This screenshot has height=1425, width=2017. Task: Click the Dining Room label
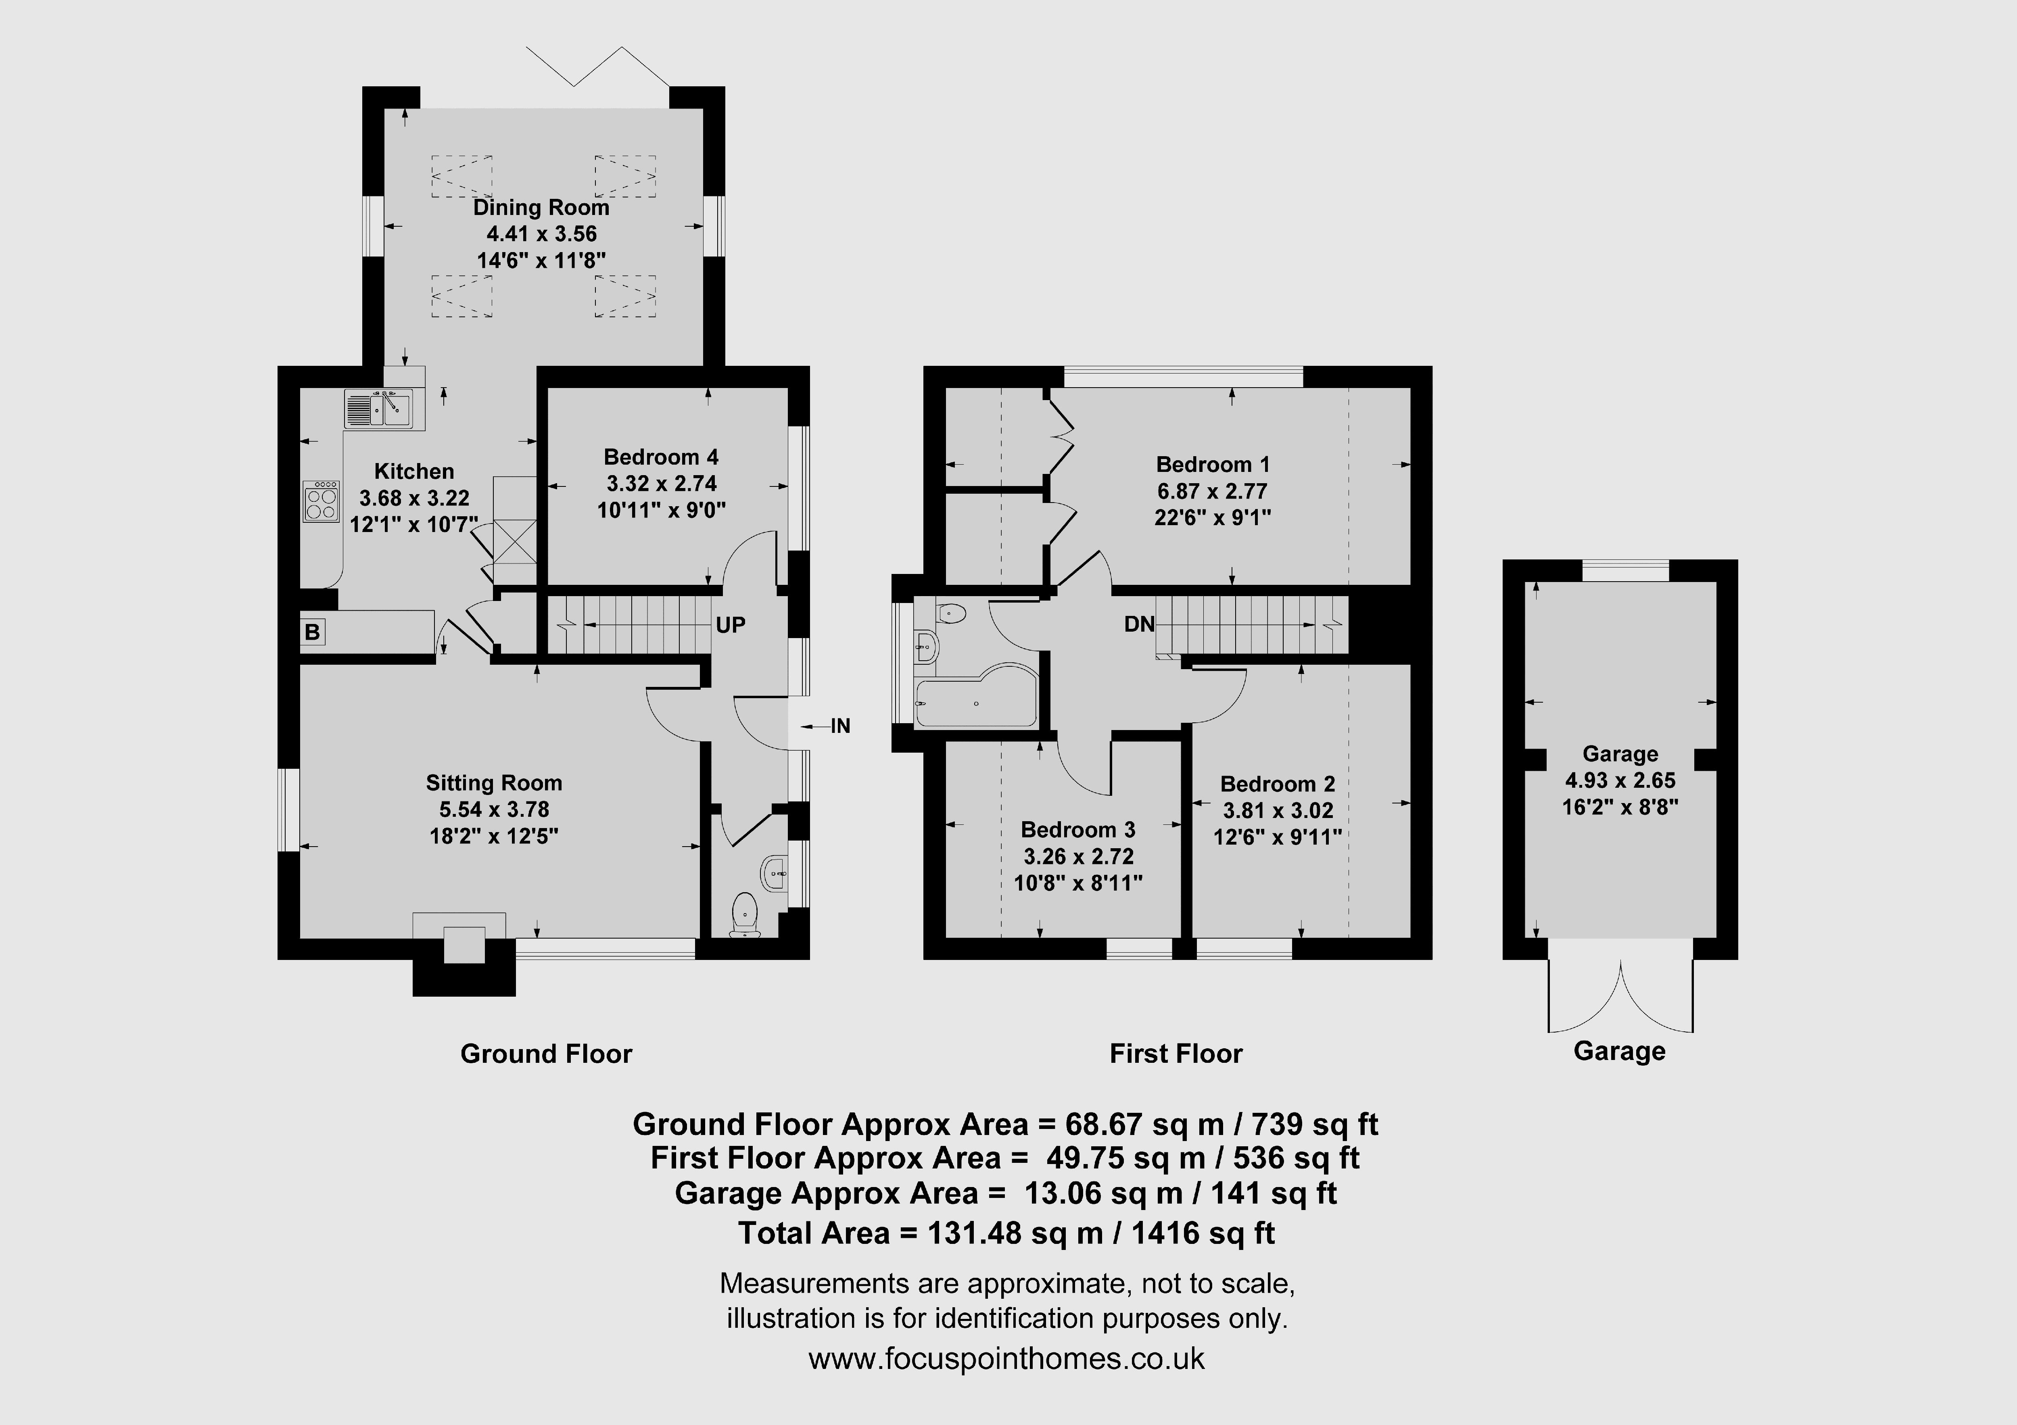pyautogui.click(x=541, y=207)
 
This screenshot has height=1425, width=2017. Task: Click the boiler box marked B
pyautogui.click(x=312, y=632)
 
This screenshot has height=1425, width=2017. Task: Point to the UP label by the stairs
pyautogui.click(x=730, y=625)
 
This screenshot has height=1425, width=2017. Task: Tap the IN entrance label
pyautogui.click(x=841, y=726)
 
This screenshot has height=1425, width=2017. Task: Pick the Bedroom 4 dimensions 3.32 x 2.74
pyautogui.click(x=662, y=483)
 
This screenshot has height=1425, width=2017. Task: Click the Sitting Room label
pyautogui.click(x=494, y=783)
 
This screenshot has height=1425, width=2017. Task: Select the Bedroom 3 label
pyautogui.click(x=1078, y=829)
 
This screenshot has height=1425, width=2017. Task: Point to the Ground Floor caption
pyautogui.click(x=547, y=1054)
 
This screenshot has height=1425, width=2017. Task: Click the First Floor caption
pyautogui.click(x=1176, y=1054)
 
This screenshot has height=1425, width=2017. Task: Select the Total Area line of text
pyautogui.click(x=1007, y=1233)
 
